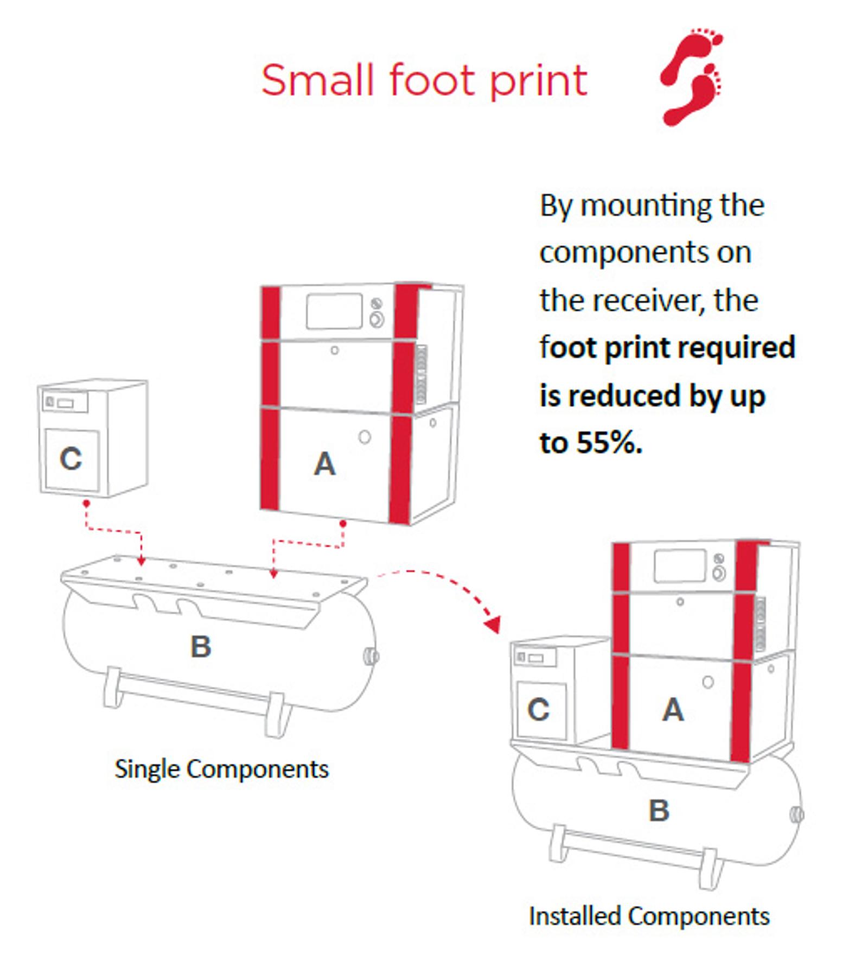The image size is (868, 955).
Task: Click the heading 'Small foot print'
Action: tap(424, 80)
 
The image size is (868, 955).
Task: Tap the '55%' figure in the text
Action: tap(609, 443)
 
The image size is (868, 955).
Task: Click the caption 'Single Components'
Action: tap(221, 769)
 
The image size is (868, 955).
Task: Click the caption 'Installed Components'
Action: tap(649, 916)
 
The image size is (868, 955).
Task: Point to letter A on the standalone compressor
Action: tap(324, 464)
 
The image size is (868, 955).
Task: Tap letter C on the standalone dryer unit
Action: tap(71, 459)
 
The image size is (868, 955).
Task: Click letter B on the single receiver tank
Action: tap(201, 646)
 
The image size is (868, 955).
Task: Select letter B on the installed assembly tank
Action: tap(659, 811)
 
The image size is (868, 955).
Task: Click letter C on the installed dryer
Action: tap(539, 710)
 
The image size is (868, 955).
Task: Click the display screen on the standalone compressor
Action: tap(334, 311)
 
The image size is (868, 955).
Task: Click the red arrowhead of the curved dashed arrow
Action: tap(493, 624)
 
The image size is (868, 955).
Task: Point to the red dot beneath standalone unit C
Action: tap(86, 504)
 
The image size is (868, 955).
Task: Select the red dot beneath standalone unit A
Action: tap(343, 524)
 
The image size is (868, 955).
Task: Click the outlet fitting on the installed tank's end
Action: tap(797, 814)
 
